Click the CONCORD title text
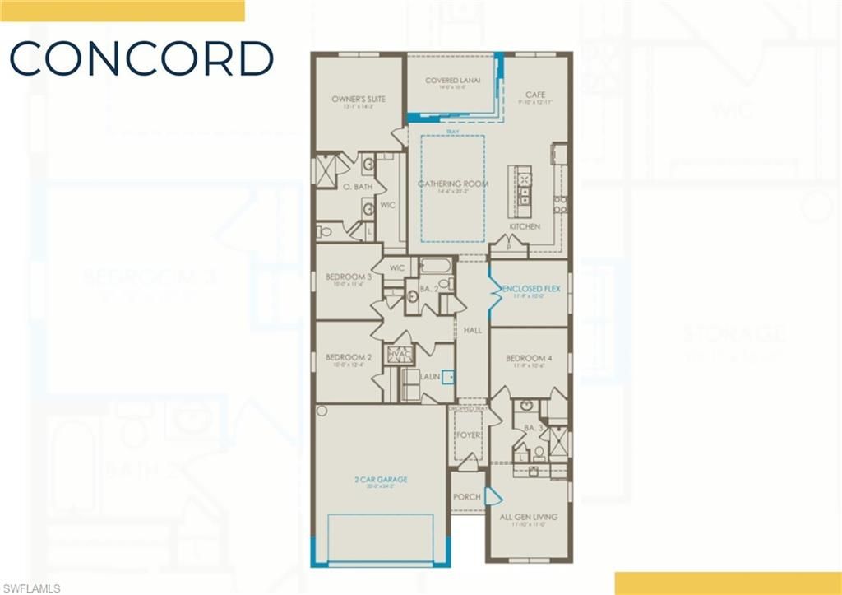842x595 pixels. click(x=141, y=59)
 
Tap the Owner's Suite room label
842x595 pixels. click(x=359, y=100)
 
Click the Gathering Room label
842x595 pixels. click(x=453, y=184)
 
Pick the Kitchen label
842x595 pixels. click(x=525, y=226)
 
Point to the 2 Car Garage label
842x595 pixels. click(x=382, y=480)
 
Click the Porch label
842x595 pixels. click(x=467, y=497)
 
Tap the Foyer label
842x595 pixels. click(x=468, y=435)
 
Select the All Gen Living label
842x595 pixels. click(x=529, y=517)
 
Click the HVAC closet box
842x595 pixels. click(x=400, y=354)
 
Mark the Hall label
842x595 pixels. click(x=472, y=330)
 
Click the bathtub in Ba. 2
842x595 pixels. click(x=436, y=267)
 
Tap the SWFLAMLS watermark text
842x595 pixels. click(x=30, y=588)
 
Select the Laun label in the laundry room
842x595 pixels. click(x=429, y=377)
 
